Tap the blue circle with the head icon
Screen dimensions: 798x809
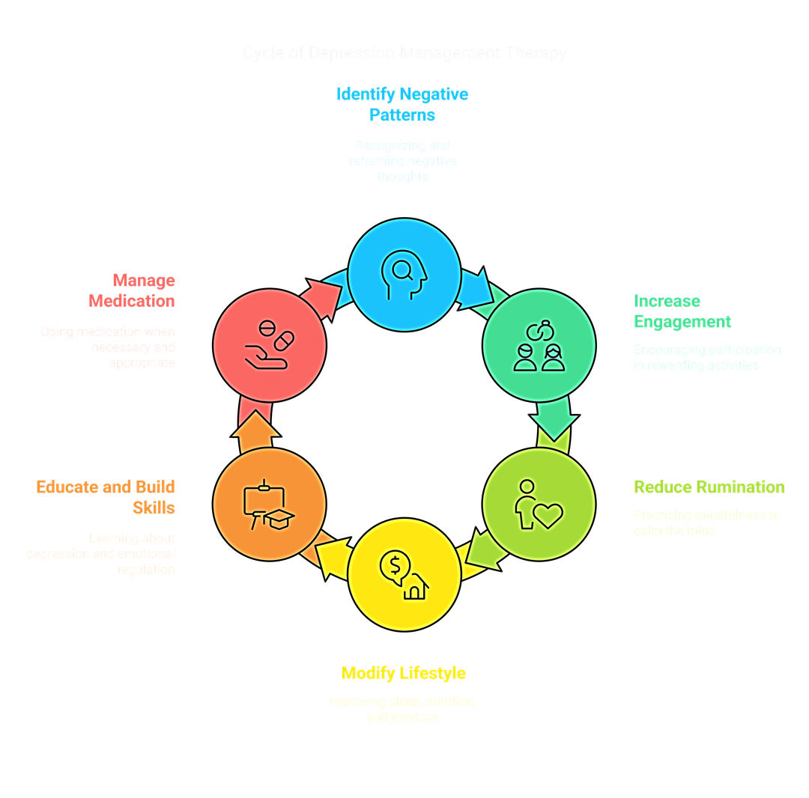coord(404,274)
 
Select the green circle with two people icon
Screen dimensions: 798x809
coord(539,345)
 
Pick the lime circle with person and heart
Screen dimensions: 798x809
coord(539,503)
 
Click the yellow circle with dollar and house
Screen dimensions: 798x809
coord(404,575)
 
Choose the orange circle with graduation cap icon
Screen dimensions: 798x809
coord(269,503)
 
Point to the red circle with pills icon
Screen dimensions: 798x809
coord(269,345)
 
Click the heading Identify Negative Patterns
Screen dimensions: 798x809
coord(402,104)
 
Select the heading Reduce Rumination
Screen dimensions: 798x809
coord(709,487)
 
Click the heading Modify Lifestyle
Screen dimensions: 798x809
coord(403,673)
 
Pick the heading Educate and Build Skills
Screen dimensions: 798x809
coord(106,497)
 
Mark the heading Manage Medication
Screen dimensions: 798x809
coord(132,290)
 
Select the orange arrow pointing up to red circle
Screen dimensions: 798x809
coord(255,428)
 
